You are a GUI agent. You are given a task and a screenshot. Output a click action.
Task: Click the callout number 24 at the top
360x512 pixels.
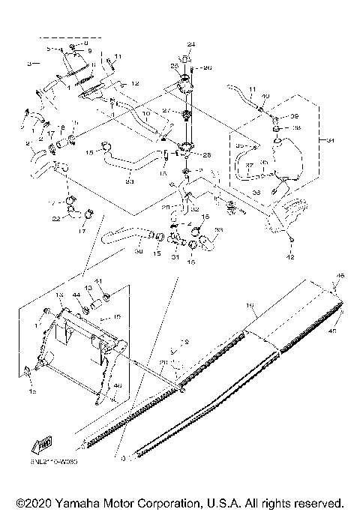190,45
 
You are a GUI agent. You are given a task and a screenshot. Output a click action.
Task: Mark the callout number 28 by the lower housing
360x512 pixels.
207,155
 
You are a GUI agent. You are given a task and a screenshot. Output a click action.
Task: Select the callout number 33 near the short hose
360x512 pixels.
219,229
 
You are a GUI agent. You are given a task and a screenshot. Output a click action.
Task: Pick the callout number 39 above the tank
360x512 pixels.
295,116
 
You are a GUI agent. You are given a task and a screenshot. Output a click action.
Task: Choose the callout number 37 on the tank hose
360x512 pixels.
249,166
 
